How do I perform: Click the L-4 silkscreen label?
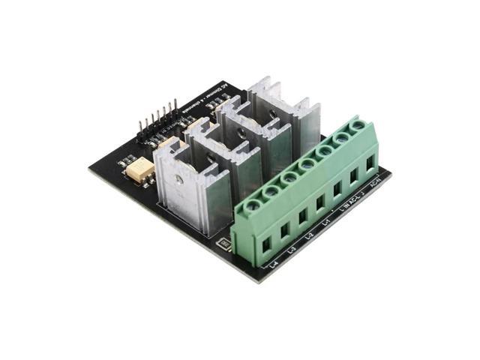[x=273, y=264]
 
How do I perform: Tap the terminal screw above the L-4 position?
[x=253, y=205]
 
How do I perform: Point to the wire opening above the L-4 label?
[x=265, y=243]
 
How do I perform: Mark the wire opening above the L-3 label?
[x=284, y=229]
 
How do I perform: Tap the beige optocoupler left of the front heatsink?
[x=140, y=172]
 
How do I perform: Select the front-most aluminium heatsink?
[x=192, y=187]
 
